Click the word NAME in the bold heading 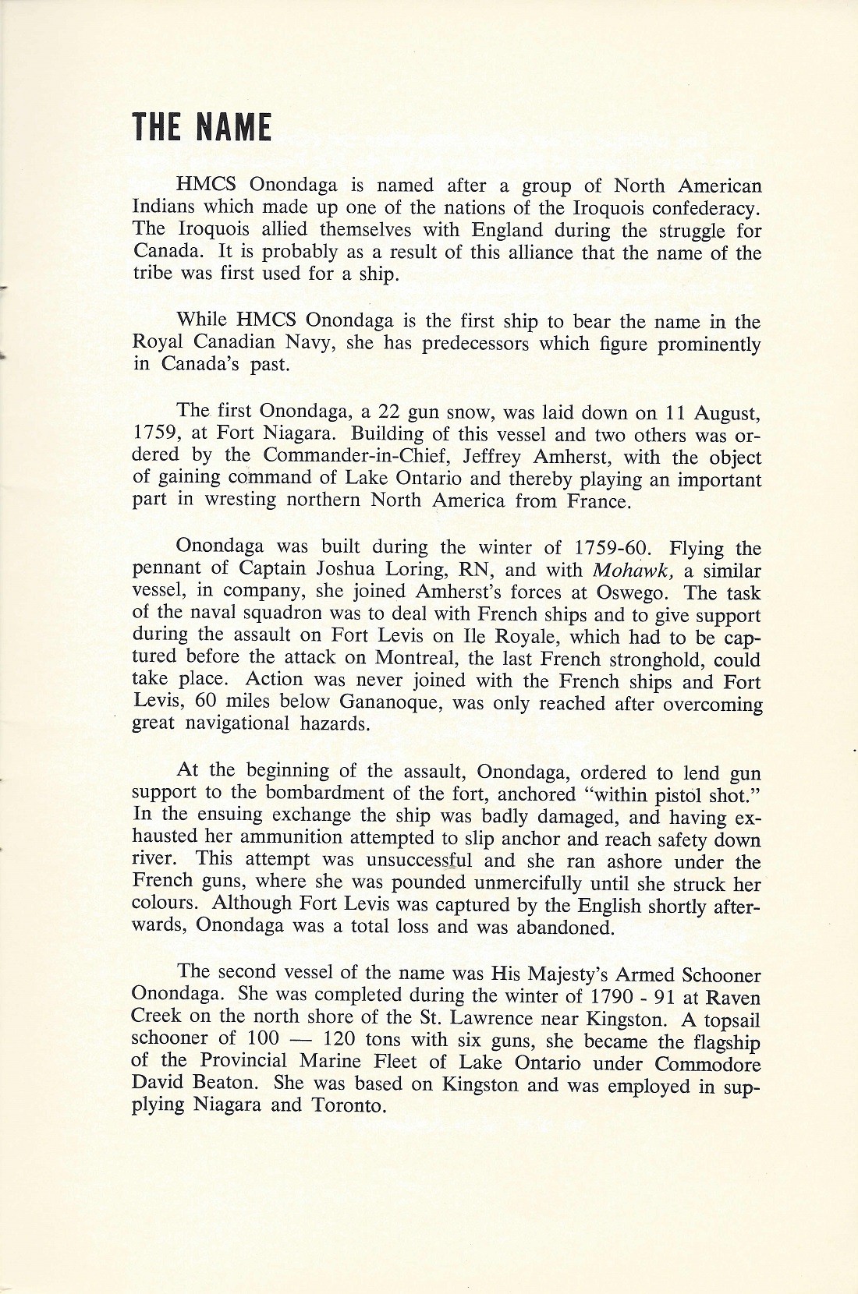[x=232, y=129]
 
